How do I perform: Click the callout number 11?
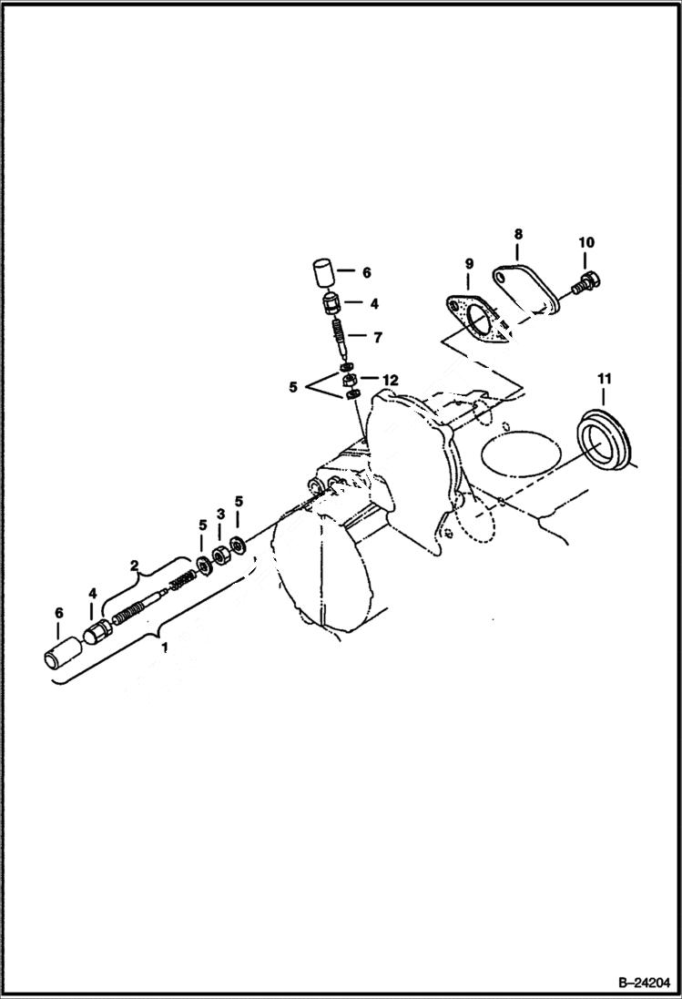click(605, 377)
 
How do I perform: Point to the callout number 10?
click(586, 242)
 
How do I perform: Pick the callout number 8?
click(516, 234)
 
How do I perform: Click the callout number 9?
click(469, 264)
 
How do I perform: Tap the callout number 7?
click(377, 336)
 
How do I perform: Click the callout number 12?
click(390, 379)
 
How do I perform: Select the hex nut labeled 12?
click(349, 380)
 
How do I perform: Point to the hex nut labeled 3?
click(220, 555)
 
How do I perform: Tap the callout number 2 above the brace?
click(135, 566)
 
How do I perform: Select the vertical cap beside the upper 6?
click(321, 271)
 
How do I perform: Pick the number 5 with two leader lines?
click(292, 386)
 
